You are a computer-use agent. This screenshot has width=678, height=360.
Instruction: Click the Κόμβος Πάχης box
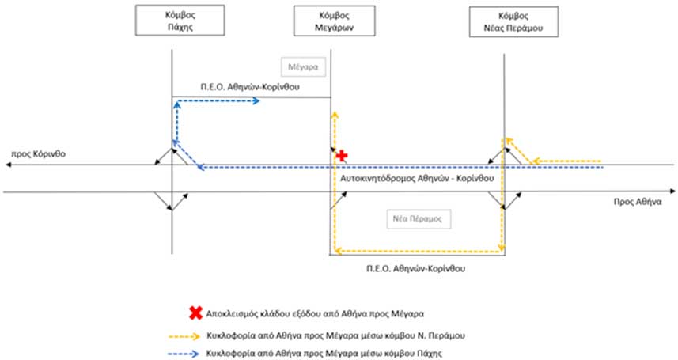(x=180, y=21)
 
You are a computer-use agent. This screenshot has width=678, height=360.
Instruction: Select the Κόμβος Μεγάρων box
(x=334, y=21)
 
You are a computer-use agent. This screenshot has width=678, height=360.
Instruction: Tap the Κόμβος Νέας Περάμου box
(x=513, y=21)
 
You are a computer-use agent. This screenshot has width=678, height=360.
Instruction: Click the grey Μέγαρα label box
(x=303, y=67)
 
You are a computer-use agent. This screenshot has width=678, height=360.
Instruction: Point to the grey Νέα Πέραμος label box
(x=419, y=219)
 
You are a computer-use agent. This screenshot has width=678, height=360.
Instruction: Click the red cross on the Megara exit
(x=342, y=155)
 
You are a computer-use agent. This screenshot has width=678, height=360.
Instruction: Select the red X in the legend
(x=195, y=313)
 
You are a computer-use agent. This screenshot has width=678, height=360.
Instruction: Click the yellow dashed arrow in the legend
(x=184, y=335)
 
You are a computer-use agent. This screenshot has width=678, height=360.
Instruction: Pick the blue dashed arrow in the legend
(x=184, y=354)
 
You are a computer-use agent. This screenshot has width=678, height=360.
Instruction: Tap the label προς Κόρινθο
(x=39, y=154)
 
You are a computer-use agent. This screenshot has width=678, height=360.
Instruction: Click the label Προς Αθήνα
(x=638, y=202)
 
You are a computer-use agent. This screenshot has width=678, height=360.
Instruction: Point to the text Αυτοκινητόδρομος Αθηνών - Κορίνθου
(x=417, y=178)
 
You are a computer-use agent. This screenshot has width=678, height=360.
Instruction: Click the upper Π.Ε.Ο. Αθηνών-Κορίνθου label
(x=250, y=87)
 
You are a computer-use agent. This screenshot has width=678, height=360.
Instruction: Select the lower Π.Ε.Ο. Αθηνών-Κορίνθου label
(x=416, y=269)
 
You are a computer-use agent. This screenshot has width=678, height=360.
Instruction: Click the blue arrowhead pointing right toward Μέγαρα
(x=256, y=100)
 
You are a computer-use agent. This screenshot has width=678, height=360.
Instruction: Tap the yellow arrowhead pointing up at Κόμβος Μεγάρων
(x=335, y=115)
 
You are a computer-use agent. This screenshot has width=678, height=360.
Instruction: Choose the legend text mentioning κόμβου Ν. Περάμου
(x=335, y=335)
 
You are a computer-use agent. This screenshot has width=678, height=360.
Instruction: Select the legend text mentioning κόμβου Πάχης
(x=324, y=354)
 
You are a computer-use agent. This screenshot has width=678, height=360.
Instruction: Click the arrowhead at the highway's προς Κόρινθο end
(x=8, y=165)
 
